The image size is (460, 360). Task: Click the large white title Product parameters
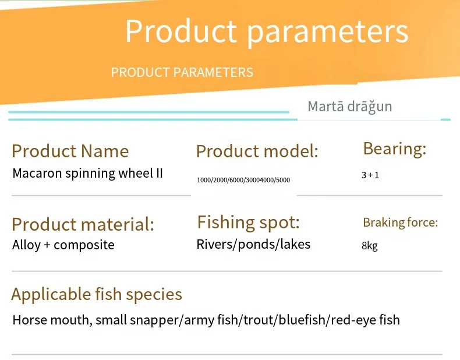267,31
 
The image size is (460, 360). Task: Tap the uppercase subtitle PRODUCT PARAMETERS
182,72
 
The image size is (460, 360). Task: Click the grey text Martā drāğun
350,107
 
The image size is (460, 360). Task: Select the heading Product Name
70,151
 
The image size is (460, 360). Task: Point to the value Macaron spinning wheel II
87,174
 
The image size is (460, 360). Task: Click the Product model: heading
257,151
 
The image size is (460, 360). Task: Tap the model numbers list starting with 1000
243,180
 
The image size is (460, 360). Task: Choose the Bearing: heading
395,149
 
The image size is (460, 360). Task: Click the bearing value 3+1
370,175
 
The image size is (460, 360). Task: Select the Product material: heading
83,224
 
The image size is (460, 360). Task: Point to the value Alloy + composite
63,245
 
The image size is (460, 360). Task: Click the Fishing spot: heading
248,223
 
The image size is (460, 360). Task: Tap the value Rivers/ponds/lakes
253,245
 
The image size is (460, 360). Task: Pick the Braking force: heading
401,223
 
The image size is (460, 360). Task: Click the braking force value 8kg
370,246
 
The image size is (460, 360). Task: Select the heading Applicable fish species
97,294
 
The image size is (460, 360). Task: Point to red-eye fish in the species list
365,320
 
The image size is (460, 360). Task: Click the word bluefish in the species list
302,320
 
